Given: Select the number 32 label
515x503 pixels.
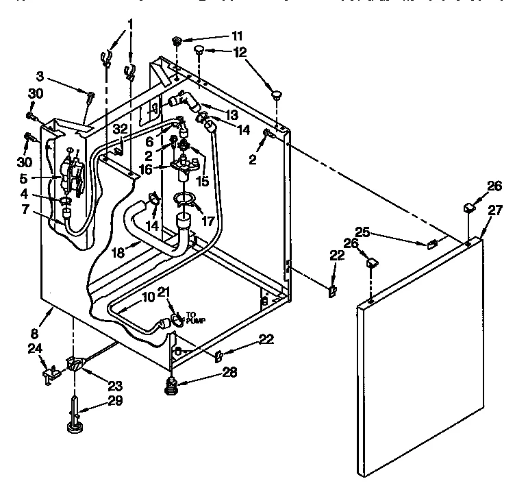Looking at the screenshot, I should (x=121, y=128).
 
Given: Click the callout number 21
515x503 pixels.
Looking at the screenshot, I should (x=164, y=293).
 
